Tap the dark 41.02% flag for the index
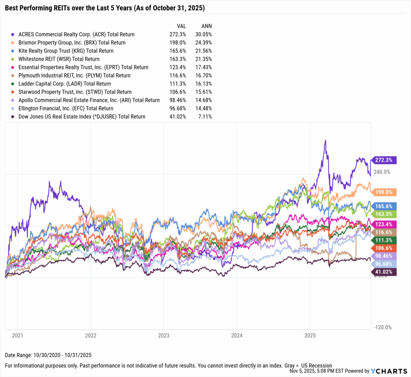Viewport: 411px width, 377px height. (385, 272)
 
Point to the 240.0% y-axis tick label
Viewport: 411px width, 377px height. (382, 172)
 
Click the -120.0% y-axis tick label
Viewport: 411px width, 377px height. (382, 327)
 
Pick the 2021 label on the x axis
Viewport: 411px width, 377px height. (17, 334)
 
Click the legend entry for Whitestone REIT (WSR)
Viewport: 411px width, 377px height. (59, 59)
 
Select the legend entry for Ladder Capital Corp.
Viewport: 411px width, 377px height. (65, 84)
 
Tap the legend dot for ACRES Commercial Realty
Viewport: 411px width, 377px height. (14, 35)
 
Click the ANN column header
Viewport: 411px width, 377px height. (207, 26)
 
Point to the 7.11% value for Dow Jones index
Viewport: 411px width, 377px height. (205, 116)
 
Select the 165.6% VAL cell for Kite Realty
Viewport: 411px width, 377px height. (177, 51)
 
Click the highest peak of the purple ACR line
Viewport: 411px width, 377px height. (325, 140)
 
